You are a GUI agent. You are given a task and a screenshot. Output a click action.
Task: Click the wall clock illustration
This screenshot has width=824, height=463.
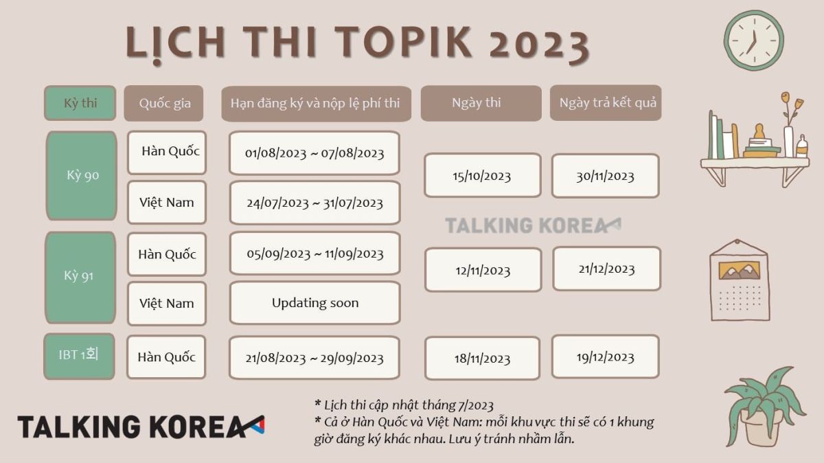coord(754,40)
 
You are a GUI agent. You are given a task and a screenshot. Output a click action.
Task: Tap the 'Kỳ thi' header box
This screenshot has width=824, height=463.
coord(80,103)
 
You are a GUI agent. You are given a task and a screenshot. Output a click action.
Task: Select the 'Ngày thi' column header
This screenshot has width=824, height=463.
coord(481,103)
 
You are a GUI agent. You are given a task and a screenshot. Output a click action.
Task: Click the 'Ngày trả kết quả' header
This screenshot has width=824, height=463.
coord(606,102)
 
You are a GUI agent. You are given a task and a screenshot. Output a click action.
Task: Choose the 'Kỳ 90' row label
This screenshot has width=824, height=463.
coord(81,176)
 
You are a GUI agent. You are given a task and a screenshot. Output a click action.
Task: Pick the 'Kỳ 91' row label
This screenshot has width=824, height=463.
coord(80,278)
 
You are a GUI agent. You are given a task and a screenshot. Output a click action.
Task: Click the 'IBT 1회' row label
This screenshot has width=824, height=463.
coord(79,356)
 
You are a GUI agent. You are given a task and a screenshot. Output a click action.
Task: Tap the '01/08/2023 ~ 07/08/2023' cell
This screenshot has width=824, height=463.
coord(314,153)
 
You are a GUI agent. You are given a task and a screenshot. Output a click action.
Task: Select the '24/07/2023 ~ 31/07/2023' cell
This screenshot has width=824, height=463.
coord(315,203)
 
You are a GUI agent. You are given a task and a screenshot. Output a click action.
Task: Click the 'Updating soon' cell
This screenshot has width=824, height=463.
coord(315,303)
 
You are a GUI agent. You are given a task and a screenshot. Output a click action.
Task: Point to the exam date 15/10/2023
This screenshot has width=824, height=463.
coord(483,176)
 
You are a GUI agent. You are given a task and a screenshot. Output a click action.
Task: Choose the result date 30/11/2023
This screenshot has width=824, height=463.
coord(606,176)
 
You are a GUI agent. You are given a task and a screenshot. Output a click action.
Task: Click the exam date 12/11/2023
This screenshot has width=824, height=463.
coord(483,270)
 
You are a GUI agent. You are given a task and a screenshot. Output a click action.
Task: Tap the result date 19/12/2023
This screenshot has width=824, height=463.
coord(606,357)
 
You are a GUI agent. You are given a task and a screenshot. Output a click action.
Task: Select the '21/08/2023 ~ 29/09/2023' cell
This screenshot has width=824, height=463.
coord(314,358)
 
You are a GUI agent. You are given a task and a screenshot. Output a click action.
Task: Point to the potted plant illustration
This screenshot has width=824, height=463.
coord(766,407)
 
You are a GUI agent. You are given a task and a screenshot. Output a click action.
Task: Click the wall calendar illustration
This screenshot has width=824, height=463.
coord(740,280)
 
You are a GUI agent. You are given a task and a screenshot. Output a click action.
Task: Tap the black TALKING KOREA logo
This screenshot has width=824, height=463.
coord(141,427)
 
